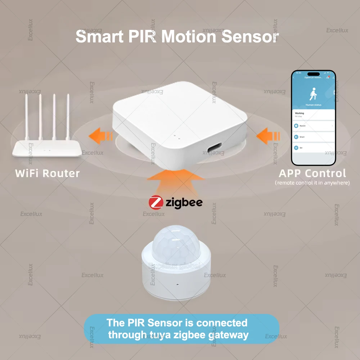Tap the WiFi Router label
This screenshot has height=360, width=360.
[x=48, y=173]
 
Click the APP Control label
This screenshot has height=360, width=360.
[x=312, y=173]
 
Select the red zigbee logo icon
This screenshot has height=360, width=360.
[x=156, y=202]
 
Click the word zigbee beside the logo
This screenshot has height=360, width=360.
[x=184, y=203]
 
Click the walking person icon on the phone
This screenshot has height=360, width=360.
[x=313, y=95]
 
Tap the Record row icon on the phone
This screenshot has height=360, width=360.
[x=296, y=126]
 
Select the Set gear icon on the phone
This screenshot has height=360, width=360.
[x=296, y=148]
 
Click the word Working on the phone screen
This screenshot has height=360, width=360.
[x=300, y=113]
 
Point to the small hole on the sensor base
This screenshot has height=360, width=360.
[x=178, y=284]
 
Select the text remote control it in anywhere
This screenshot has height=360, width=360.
[x=312, y=183]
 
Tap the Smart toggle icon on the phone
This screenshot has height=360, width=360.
[x=296, y=137]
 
